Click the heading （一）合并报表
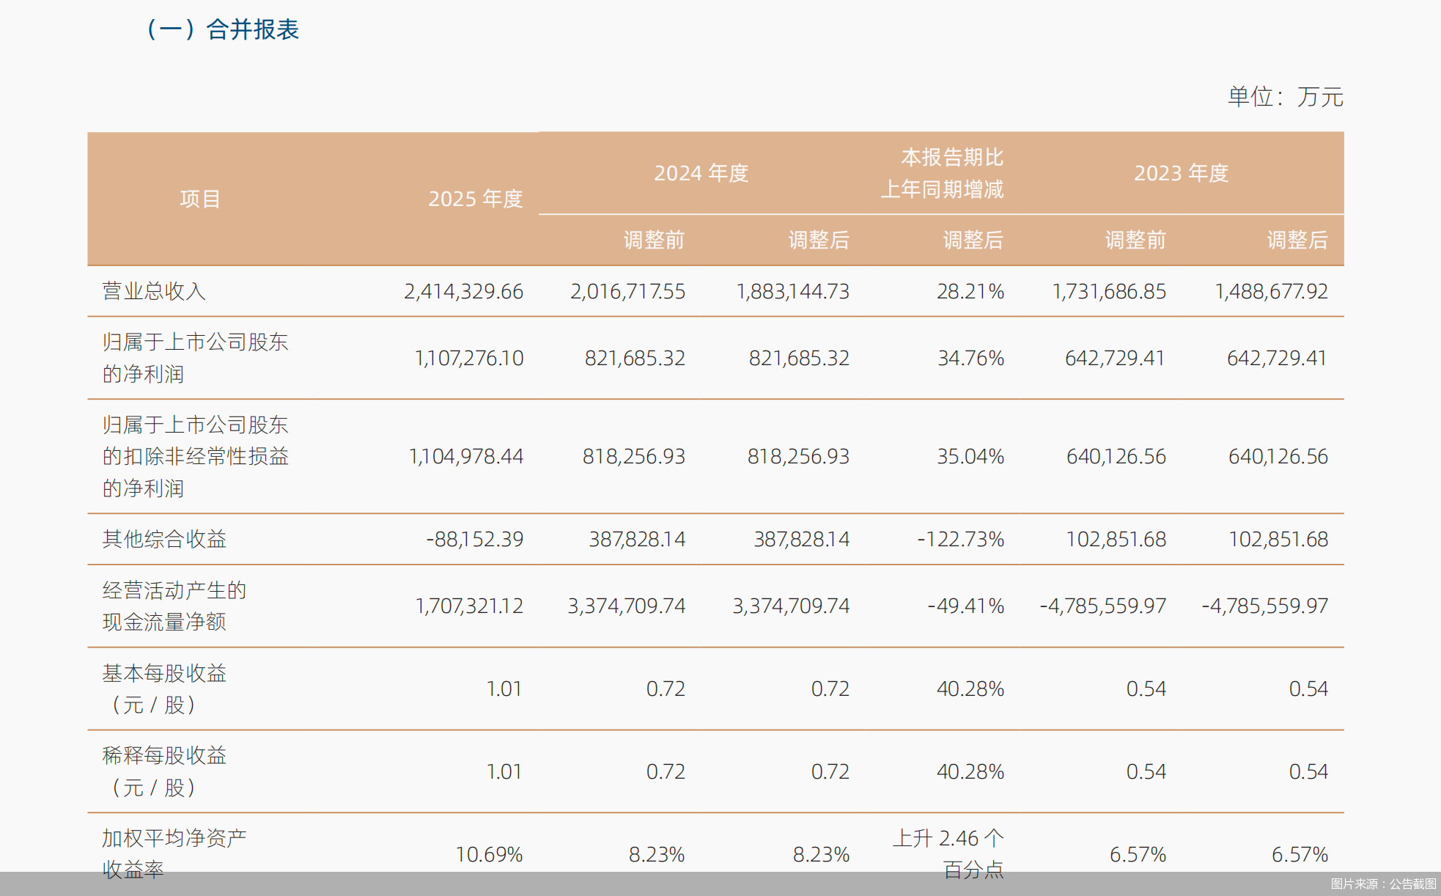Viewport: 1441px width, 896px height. coord(224,29)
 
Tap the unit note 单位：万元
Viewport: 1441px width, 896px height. coord(1285,97)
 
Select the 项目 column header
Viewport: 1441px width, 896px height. coord(200,199)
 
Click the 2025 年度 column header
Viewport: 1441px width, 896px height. coord(475,199)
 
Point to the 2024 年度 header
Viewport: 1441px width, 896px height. coord(701,173)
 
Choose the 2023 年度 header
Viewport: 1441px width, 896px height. coord(1181,173)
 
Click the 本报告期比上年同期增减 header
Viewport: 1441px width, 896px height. coord(943,174)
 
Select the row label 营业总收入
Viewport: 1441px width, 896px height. coord(154,291)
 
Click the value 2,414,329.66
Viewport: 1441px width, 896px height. coord(463,291)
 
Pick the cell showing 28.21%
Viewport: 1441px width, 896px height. coord(970,291)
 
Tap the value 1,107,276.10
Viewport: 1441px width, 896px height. coord(469,358)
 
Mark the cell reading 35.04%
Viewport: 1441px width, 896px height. coord(970,456)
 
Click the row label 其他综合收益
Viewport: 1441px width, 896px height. coord(164,539)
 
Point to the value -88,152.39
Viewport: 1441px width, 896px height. coord(474,539)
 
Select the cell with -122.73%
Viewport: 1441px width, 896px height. coord(960,539)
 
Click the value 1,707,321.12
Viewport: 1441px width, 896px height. coord(469,606)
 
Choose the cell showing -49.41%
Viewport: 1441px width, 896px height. coord(965,606)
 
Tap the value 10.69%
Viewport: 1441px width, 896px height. coord(489,854)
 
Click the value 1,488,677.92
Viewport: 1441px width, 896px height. coord(1271,291)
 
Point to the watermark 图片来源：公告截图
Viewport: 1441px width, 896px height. coord(1383,884)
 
